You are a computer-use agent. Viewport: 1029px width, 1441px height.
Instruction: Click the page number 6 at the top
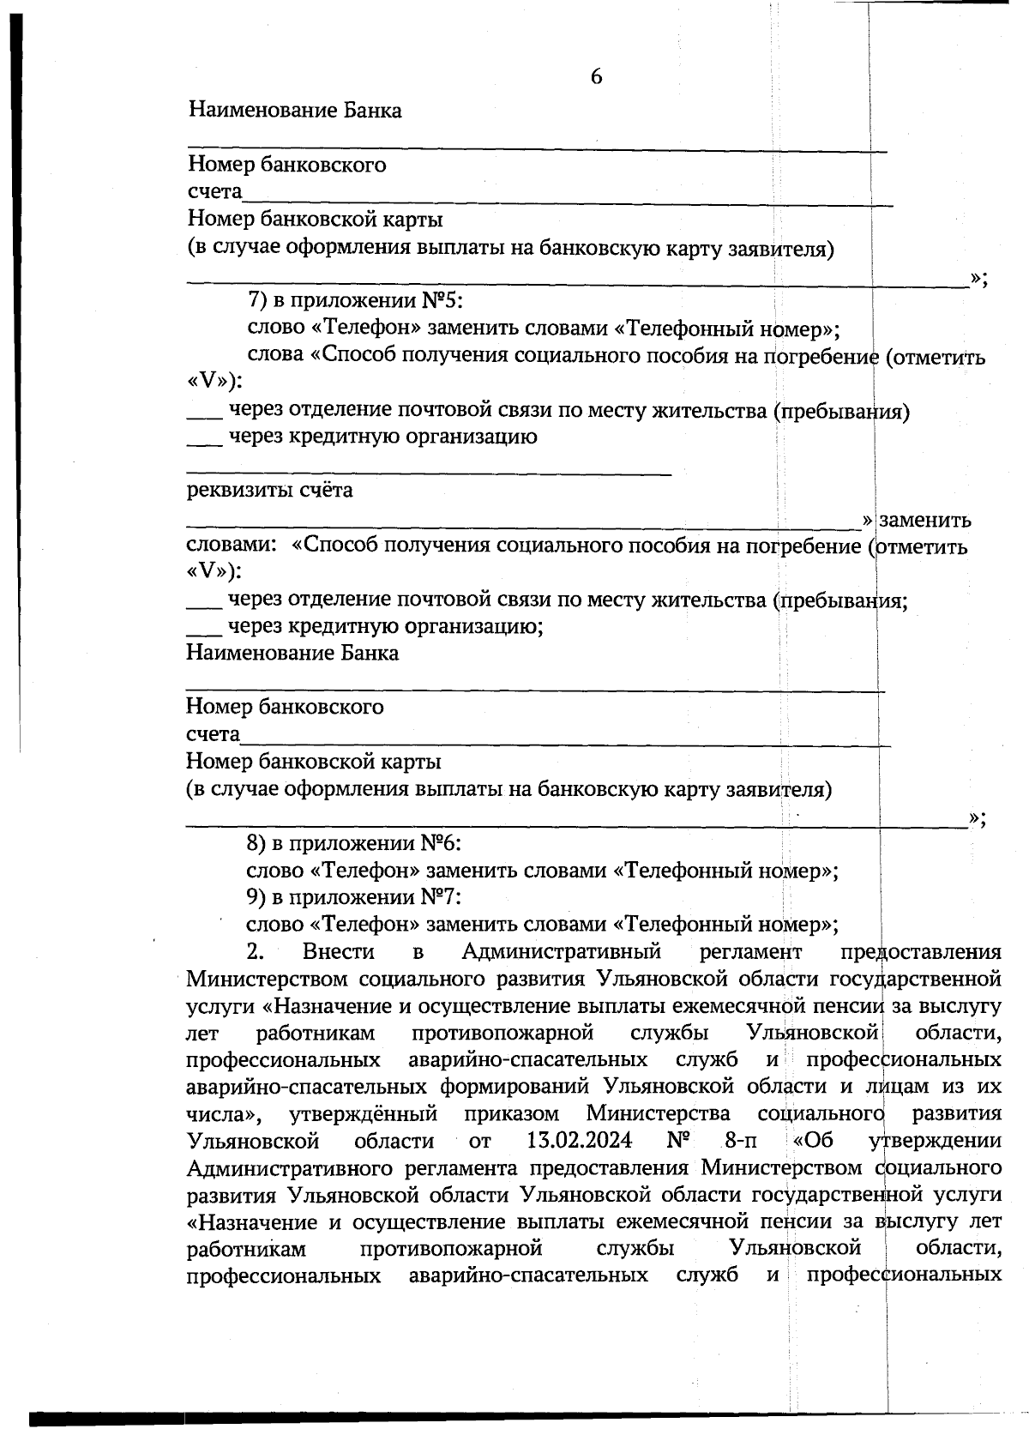point(596,77)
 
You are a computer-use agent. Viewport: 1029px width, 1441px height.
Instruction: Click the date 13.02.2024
point(575,1141)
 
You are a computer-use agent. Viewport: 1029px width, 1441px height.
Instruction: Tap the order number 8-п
point(741,1141)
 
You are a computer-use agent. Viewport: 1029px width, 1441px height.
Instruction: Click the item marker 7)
point(258,300)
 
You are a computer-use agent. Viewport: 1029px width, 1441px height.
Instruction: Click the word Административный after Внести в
point(561,951)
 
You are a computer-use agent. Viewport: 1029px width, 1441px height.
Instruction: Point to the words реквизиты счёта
point(270,491)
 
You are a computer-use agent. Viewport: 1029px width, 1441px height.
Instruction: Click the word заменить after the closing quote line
point(925,520)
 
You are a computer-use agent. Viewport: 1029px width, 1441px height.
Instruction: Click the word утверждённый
point(364,1113)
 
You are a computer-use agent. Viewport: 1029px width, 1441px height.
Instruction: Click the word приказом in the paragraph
point(512,1113)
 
